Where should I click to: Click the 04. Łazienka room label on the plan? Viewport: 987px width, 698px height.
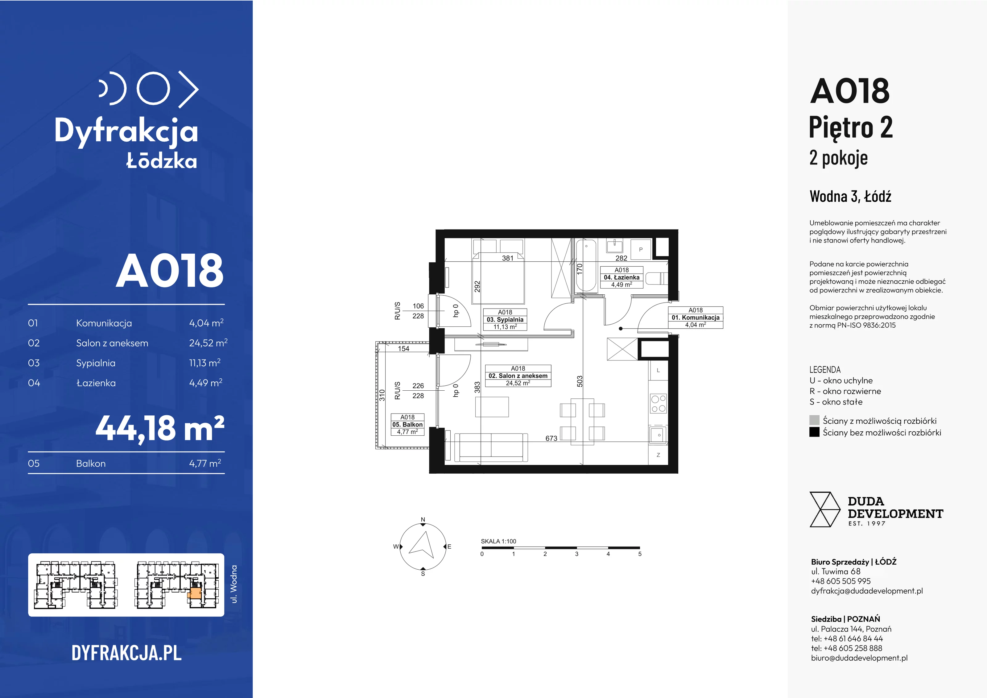tap(621, 277)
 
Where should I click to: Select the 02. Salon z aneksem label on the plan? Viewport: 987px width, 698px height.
tap(518, 376)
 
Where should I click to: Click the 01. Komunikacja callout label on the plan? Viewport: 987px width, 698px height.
tap(696, 318)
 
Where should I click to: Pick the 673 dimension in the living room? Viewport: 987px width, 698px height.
tap(551, 438)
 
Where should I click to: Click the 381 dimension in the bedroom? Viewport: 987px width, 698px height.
tap(508, 258)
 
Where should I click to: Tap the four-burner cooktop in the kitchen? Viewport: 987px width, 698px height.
tap(658, 403)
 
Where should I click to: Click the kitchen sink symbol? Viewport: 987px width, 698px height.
tap(658, 435)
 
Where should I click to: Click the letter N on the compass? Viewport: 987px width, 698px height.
tap(423, 520)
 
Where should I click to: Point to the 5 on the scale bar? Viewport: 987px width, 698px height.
tap(640, 554)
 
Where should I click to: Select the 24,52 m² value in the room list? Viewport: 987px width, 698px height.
tap(208, 343)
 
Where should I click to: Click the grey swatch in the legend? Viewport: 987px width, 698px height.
tap(814, 420)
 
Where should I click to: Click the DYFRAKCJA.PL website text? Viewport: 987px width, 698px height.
tap(126, 653)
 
